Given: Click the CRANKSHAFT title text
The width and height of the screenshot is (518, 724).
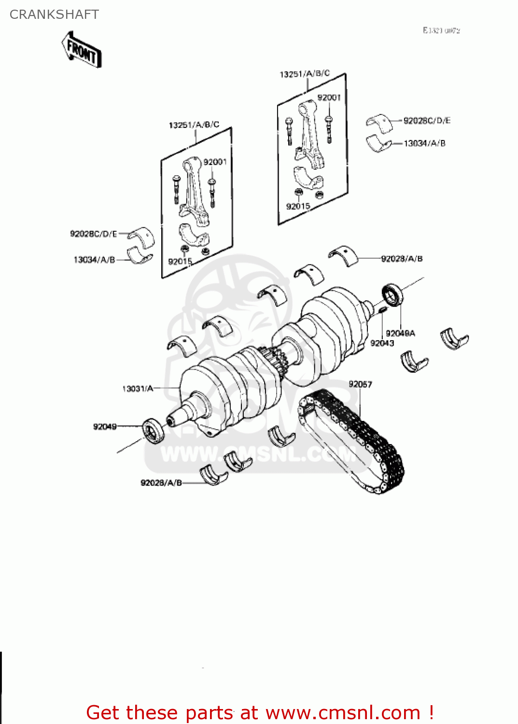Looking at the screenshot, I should (x=54, y=14).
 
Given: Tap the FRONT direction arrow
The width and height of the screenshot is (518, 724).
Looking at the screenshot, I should (x=82, y=50).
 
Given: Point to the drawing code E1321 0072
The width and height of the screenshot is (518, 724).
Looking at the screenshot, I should (x=441, y=30).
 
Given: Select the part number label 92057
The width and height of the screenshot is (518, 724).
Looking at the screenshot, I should (x=360, y=384).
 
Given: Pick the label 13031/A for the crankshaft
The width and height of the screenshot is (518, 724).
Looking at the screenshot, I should (x=138, y=389).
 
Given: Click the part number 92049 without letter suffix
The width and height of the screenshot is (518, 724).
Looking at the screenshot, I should (x=105, y=427).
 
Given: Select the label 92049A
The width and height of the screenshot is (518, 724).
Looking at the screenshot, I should (x=400, y=334).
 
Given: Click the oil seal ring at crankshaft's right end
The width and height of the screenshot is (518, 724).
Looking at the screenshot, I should (x=392, y=295).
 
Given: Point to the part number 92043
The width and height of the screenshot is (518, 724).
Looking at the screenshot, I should (x=382, y=343).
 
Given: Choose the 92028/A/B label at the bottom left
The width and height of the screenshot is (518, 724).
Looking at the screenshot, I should (x=161, y=483).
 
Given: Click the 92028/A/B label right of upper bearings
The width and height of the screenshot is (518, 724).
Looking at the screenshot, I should (x=402, y=259).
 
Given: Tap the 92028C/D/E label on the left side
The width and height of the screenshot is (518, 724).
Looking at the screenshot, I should (x=94, y=234).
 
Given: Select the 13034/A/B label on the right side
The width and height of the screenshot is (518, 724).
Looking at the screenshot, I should (x=424, y=143).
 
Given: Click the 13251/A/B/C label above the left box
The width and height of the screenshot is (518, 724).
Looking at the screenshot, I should (x=194, y=125).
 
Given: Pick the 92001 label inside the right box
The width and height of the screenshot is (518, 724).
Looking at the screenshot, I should (x=329, y=97).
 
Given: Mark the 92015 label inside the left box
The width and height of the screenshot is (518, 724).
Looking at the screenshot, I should (x=180, y=262).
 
